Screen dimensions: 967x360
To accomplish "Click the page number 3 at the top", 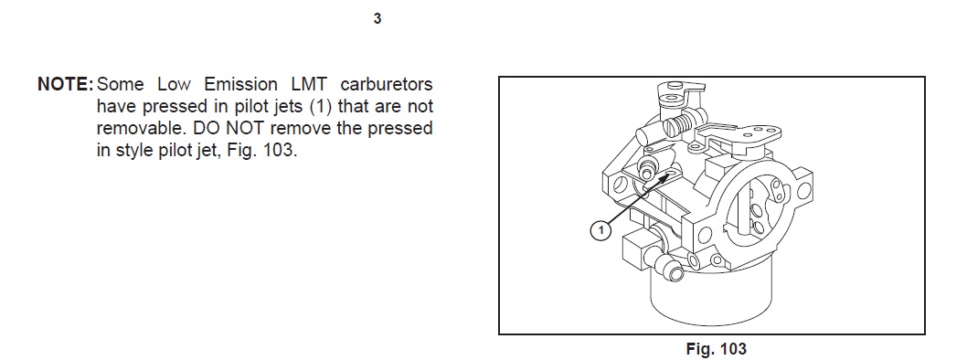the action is click(x=377, y=18).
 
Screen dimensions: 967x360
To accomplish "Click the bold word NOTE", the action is click(x=65, y=84).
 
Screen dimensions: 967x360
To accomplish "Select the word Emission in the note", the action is click(x=240, y=84).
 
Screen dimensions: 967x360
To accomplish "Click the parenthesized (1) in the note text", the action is click(x=322, y=106).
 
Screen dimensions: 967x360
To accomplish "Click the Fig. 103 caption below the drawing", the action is click(x=716, y=349).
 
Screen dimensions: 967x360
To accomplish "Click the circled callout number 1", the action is click(x=600, y=231).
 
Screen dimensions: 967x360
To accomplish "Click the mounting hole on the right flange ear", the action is click(x=803, y=191).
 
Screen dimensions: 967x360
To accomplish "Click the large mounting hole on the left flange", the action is click(x=621, y=184).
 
